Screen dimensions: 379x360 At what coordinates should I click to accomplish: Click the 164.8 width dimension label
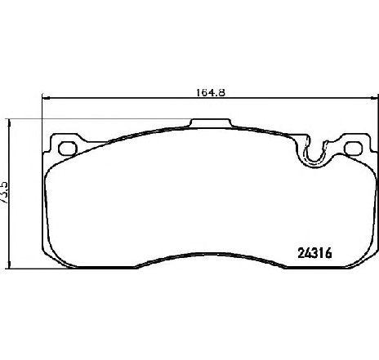[x=211, y=92]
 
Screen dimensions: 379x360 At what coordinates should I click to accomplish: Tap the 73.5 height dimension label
[x=5, y=193]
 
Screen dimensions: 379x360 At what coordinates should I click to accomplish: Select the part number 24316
[x=315, y=253]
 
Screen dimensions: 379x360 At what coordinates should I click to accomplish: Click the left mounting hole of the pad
[x=68, y=149]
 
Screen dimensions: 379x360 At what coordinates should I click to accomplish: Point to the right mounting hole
[x=354, y=149]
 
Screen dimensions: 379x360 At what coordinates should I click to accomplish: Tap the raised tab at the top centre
[x=211, y=122]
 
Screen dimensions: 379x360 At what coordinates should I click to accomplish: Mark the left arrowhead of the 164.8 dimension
[x=45, y=98]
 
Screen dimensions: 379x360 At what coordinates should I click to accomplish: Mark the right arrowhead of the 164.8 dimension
[x=375, y=98]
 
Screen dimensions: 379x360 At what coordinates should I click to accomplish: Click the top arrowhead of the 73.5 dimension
[x=10, y=122]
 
